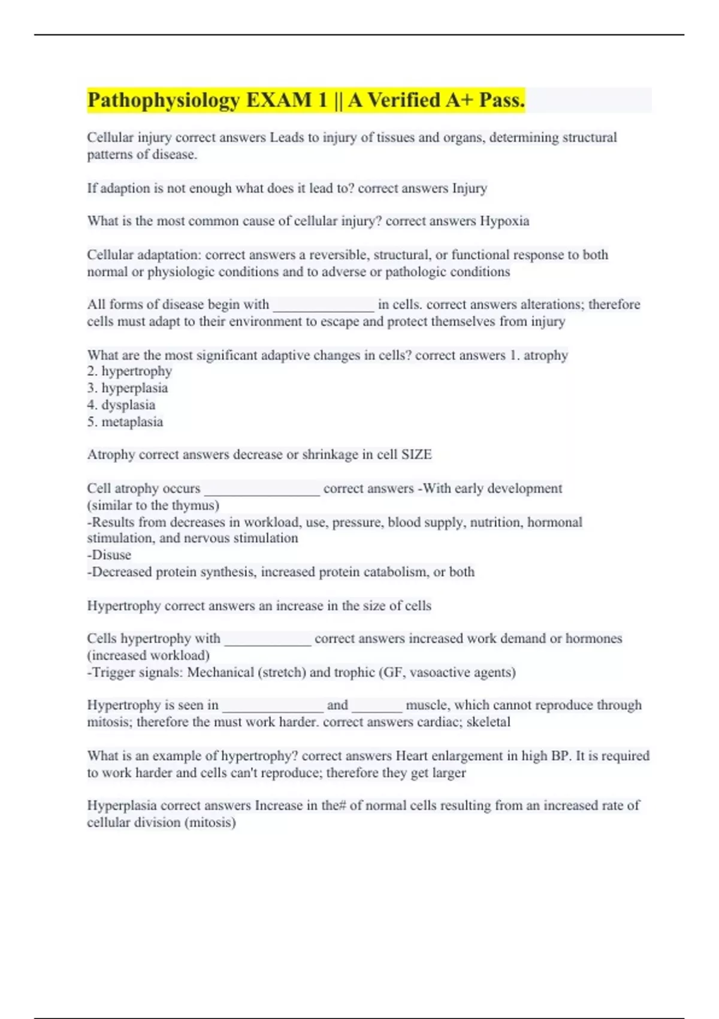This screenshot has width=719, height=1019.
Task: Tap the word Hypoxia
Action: [x=504, y=221]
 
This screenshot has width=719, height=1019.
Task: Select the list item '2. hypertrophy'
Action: [x=129, y=371]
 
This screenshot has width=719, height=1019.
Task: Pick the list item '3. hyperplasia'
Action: [x=127, y=388]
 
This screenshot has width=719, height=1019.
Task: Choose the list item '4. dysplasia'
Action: [x=121, y=405]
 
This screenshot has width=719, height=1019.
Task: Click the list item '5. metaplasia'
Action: [x=125, y=421]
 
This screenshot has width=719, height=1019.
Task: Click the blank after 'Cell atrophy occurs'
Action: [x=262, y=490]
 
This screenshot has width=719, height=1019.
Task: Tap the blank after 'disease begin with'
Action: [x=324, y=306]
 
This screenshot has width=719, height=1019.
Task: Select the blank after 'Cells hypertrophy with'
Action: [x=268, y=640]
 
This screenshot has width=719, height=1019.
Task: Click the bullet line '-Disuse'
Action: [x=109, y=555]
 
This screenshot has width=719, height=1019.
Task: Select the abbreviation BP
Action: [x=560, y=755]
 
